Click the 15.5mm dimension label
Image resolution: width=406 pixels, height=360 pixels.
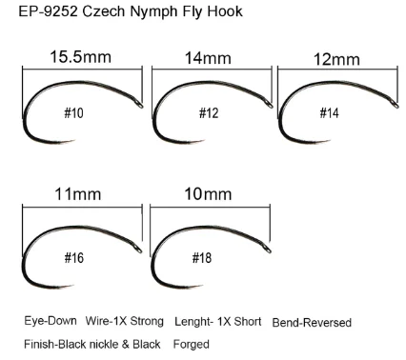click(x=80, y=58)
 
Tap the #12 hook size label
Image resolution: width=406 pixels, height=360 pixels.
click(x=208, y=115)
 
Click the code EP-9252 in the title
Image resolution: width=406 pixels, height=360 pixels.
click(x=41, y=12)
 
